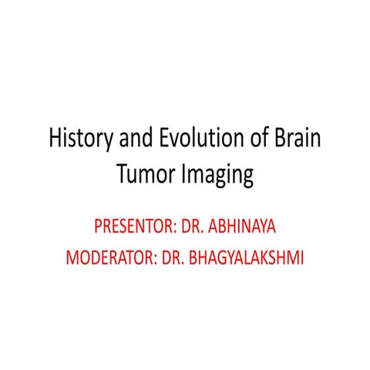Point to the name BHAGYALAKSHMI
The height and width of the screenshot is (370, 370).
pos(247,257)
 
